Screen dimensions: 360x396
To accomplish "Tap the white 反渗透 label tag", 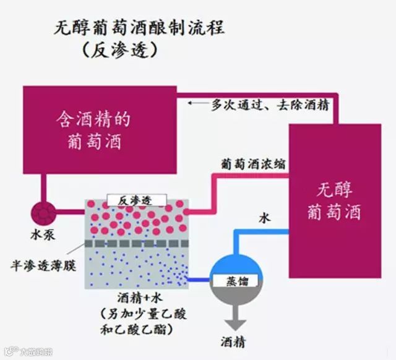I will pos(136,200).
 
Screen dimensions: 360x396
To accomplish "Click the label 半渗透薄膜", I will pos(40,262).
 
